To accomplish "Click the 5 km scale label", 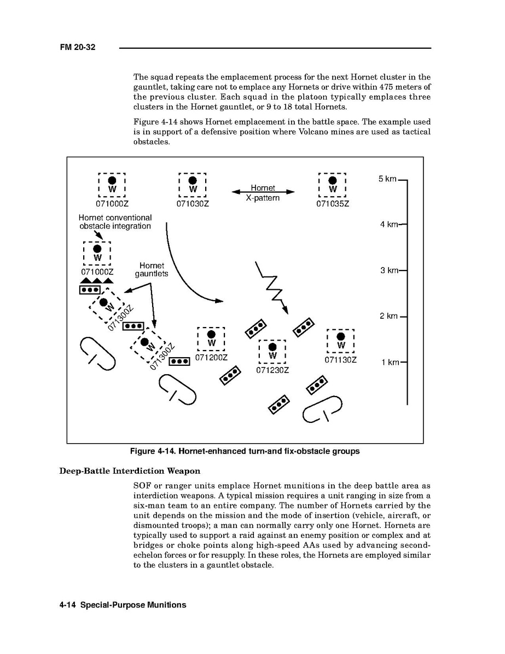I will click(387, 179).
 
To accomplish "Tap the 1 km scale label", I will click(390, 362).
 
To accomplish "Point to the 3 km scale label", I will click(389, 270).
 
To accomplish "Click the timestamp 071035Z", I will click(333, 204).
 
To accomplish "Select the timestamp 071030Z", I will click(193, 204).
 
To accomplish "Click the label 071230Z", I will click(272, 370).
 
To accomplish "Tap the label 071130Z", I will click(340, 360).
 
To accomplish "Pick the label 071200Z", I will click(211, 358).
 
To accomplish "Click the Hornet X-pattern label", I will click(263, 193).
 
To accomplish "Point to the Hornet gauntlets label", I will click(152, 269).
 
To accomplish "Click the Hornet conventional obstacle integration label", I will click(115, 222).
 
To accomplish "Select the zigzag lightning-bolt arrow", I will click(272, 286).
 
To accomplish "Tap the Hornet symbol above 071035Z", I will click(333, 185).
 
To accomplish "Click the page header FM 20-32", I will click(78, 48).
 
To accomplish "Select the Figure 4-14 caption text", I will click(245, 451).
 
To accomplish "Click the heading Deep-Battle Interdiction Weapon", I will click(130, 471).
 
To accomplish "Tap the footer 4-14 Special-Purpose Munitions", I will click(123, 605).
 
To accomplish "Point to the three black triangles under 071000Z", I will click(96, 281).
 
